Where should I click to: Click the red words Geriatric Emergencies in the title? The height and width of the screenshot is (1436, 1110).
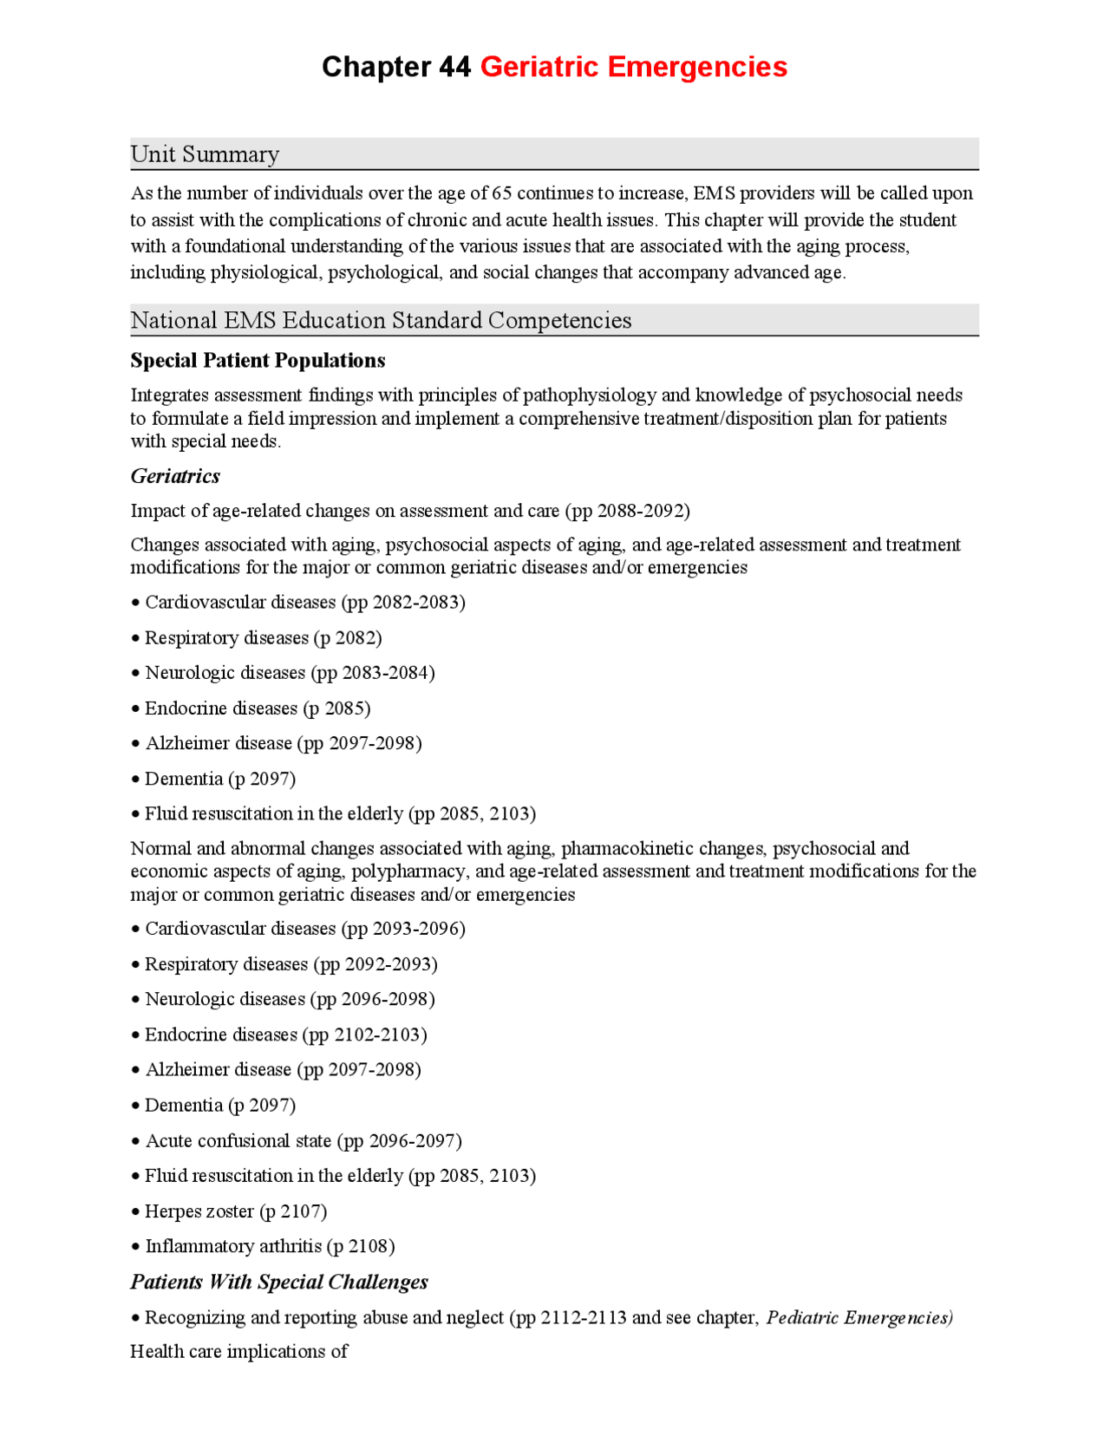click(x=633, y=67)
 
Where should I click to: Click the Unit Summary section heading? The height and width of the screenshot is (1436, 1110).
click(x=205, y=154)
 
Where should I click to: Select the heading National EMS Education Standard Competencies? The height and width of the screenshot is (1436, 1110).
click(x=381, y=321)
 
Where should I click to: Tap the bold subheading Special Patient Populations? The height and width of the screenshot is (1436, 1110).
click(x=258, y=360)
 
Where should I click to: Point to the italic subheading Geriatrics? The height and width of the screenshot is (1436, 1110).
click(x=175, y=476)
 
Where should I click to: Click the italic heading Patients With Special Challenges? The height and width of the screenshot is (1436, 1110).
click(x=279, y=1282)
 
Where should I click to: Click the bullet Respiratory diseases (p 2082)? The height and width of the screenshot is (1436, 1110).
click(x=262, y=637)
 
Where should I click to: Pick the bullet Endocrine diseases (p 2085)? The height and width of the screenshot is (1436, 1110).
click(x=257, y=708)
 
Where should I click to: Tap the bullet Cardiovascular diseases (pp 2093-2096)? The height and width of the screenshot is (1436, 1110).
click(x=304, y=929)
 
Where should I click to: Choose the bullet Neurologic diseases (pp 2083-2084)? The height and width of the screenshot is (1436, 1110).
click(x=289, y=673)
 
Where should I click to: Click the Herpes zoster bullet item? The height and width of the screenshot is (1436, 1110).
click(x=235, y=1211)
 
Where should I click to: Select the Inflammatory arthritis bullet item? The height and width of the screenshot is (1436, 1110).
click(x=269, y=1246)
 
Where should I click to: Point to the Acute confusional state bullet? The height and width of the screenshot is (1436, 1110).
click(x=303, y=1140)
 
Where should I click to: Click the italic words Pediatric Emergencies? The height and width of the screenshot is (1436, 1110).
click(x=859, y=1317)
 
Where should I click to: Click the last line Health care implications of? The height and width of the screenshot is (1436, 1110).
click(x=238, y=1351)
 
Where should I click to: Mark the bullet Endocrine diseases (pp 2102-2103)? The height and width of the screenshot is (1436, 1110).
click(x=285, y=1035)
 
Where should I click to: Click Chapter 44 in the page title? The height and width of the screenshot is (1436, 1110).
click(x=396, y=67)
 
